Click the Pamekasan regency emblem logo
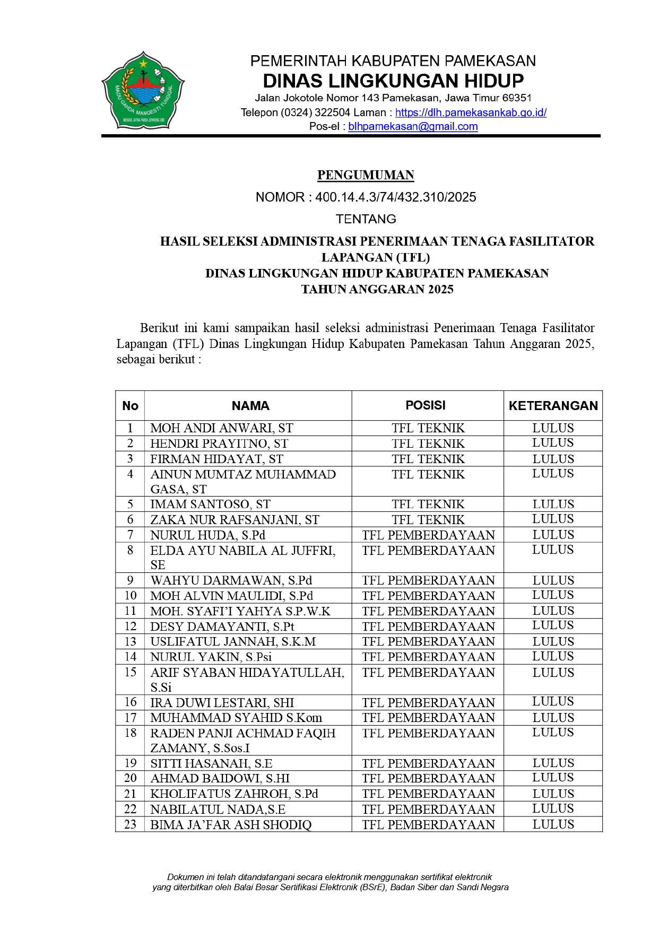click(143, 90)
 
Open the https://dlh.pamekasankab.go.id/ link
click(471, 112)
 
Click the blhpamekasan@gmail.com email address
click(413, 127)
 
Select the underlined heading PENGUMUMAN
click(366, 175)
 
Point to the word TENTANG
click(366, 219)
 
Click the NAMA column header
click(250, 406)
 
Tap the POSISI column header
click(426, 405)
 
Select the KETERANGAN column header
click(553, 406)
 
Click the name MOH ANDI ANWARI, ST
click(222, 428)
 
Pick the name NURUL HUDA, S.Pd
click(207, 535)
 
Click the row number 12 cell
click(131, 627)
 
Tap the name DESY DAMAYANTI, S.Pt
click(222, 627)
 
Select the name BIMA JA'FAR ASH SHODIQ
click(231, 825)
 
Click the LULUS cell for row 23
click(553, 824)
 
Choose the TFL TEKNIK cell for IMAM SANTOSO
click(428, 504)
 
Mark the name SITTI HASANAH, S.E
click(211, 763)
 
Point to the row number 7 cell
click(131, 535)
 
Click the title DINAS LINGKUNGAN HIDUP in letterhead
click(393, 81)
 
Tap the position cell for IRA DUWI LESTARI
click(428, 703)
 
